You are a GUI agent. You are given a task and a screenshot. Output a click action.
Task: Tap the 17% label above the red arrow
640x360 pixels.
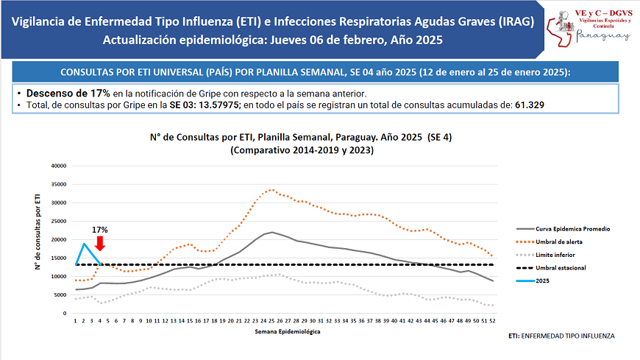[x=100, y=230]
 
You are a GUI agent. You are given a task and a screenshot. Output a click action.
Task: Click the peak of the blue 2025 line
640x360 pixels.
[x=85, y=243]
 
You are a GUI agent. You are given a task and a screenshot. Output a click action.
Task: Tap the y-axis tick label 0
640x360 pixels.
[x=65, y=314]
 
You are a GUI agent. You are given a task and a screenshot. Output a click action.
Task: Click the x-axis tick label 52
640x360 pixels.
[x=491, y=321]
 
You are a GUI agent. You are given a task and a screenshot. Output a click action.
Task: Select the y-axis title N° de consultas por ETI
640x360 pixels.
[x=38, y=234]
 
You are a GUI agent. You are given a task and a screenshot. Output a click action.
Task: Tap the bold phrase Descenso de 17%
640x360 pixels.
[x=68, y=93]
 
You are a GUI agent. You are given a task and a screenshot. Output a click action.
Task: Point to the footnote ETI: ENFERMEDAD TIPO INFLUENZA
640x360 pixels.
[x=561, y=336]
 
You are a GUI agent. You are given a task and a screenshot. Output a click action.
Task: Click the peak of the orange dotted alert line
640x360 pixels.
[x=272, y=189]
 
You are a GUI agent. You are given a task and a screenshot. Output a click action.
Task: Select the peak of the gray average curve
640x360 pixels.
[x=272, y=232]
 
